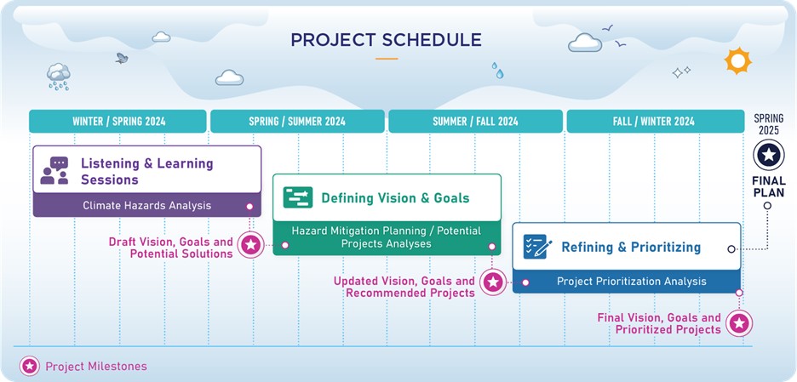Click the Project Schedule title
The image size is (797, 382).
tap(386, 40)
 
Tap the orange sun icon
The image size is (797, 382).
tap(737, 60)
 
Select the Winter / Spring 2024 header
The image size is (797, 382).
tap(118, 122)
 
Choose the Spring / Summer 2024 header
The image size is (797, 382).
tap(297, 122)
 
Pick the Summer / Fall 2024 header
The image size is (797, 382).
tap(475, 122)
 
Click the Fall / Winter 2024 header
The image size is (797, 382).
tap(655, 122)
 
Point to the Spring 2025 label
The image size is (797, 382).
tap(768, 124)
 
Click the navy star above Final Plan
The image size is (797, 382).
tap(769, 155)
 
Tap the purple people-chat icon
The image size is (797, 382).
tap(54, 170)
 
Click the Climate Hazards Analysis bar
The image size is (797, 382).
tap(147, 205)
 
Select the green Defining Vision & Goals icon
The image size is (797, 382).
tap(298, 197)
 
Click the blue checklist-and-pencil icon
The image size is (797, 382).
tap(537, 247)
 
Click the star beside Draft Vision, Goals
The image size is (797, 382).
tap(250, 245)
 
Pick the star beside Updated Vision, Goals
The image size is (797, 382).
tap(492, 282)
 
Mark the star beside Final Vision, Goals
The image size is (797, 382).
tap(739, 323)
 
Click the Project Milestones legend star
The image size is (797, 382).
tap(30, 366)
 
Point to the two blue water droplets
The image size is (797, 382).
tap(497, 71)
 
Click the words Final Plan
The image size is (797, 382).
tap(769, 186)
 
